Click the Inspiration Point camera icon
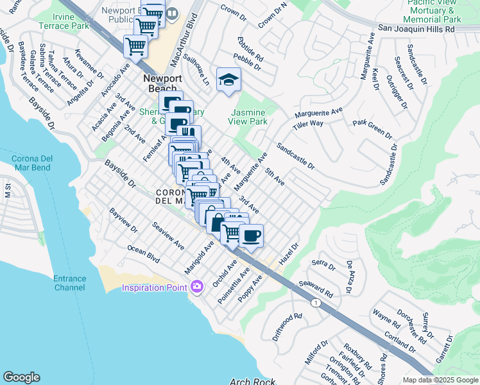click(x=196, y=286)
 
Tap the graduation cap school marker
click(x=228, y=80)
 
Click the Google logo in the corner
click(x=21, y=377)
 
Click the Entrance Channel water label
click(x=69, y=283)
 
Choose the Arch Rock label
click(x=253, y=381)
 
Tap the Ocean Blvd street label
click(x=142, y=252)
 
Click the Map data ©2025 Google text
click(x=440, y=380)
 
